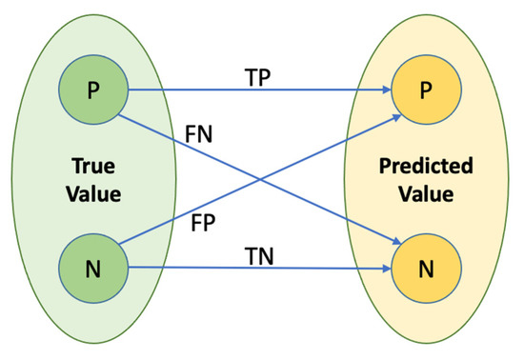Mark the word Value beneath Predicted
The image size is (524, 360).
pyautogui.click(x=425, y=193)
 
